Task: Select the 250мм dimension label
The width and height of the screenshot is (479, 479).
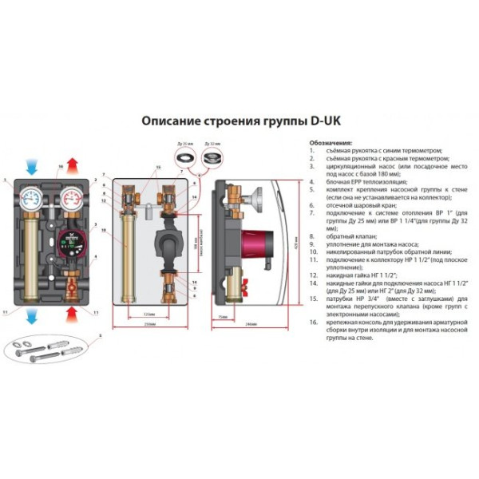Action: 150,323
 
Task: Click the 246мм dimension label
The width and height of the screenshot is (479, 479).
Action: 251,323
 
